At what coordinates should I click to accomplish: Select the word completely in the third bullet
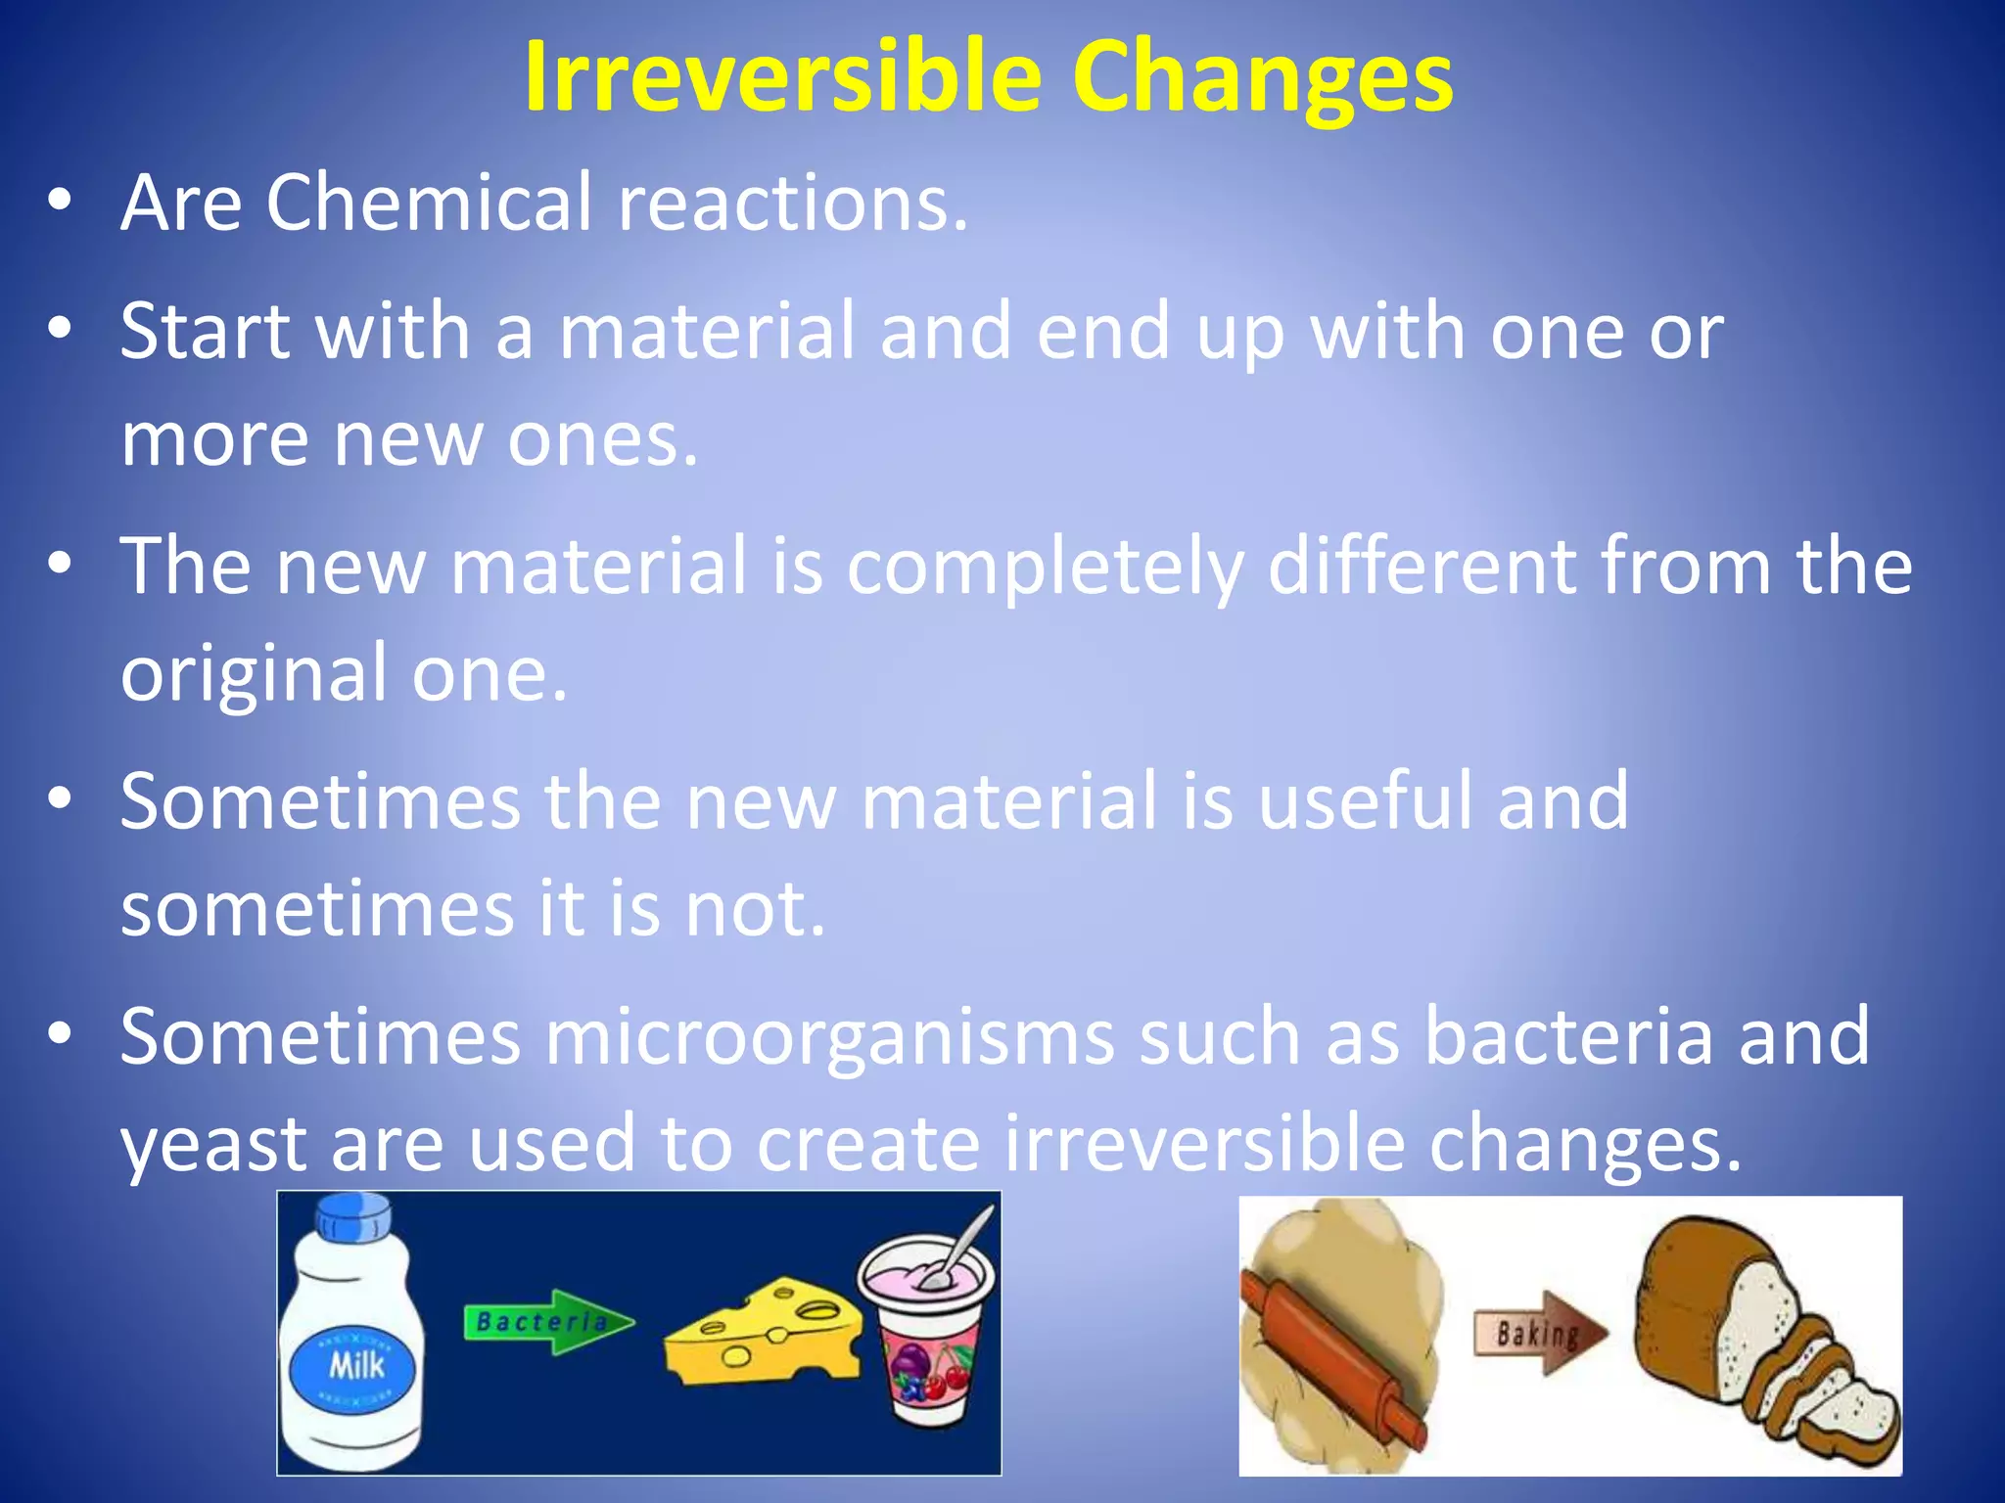[x=1046, y=568]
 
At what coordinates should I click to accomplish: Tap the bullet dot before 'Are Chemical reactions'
[x=60, y=201]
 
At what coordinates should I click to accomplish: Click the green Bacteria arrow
[x=547, y=1322]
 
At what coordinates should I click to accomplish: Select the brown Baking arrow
[x=1540, y=1333]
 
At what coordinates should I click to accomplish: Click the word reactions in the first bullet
[x=793, y=203]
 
